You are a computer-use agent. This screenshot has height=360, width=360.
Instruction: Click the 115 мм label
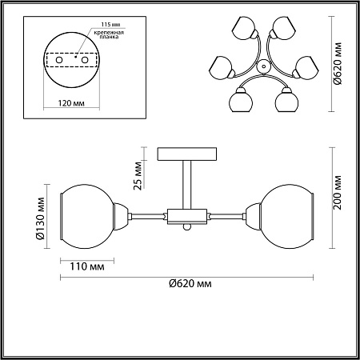tap(110, 24)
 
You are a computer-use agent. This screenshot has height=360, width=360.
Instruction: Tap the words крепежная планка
tap(109, 34)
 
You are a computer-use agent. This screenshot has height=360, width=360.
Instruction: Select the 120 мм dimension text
tap(71, 103)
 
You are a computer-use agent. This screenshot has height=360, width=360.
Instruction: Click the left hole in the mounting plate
tap(59, 60)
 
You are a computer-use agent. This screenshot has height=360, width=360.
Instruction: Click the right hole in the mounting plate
tap(85, 60)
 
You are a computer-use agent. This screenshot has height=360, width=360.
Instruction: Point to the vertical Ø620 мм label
tap(338, 64)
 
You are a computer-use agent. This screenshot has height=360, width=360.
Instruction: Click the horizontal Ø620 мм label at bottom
tap(190, 283)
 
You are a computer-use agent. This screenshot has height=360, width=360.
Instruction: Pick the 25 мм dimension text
tap(138, 175)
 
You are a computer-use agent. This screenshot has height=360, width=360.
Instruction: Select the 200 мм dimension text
tap(338, 192)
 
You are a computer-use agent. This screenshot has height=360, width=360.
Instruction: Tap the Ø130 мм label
tap(41, 218)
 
